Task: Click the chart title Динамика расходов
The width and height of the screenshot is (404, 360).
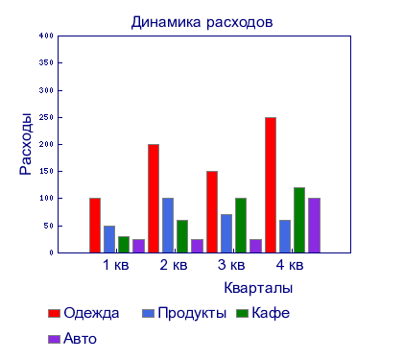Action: click(x=202, y=21)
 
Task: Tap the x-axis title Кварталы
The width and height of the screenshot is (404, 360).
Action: click(x=258, y=287)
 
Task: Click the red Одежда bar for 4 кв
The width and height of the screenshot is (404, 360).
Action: click(x=271, y=184)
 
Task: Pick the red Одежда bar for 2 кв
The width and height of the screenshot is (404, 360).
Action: click(x=154, y=198)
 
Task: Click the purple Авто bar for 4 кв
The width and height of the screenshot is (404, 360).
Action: click(x=314, y=225)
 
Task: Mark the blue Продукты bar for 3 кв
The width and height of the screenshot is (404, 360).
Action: click(x=226, y=232)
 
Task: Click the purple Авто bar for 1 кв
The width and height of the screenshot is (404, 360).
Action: click(x=138, y=245)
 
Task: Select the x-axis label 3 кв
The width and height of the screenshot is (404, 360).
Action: click(x=230, y=265)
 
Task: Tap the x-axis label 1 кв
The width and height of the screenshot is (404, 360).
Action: click(x=115, y=265)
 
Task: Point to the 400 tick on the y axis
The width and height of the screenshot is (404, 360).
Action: click(x=47, y=36)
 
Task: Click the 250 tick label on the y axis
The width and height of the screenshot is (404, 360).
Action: click(x=47, y=117)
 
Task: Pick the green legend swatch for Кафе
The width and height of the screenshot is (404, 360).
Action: click(x=243, y=313)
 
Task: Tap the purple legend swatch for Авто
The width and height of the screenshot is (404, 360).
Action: click(x=54, y=339)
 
